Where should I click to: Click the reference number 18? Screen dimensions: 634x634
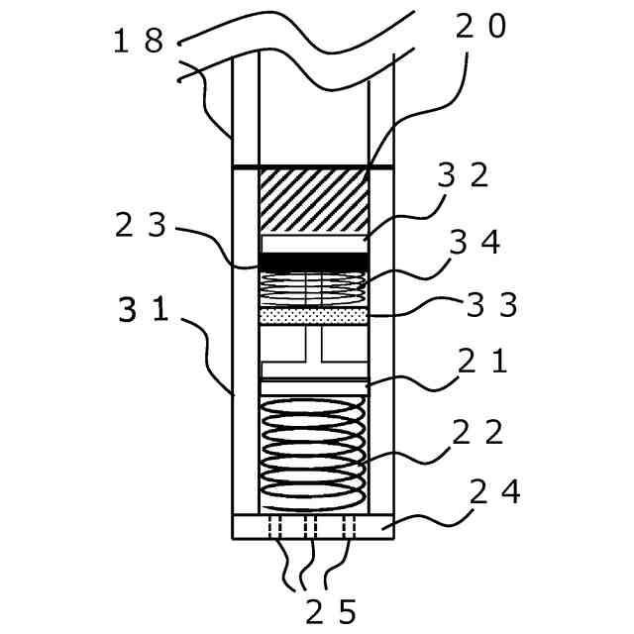(x=139, y=41)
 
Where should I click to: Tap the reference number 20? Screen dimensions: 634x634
(x=480, y=27)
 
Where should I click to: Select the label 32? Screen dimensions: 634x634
(x=463, y=175)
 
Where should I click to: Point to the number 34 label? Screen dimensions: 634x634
(x=475, y=242)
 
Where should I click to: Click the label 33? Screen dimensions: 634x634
(x=491, y=305)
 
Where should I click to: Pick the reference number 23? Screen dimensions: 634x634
(x=141, y=225)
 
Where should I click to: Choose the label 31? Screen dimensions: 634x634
(x=144, y=309)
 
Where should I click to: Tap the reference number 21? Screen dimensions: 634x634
(x=482, y=361)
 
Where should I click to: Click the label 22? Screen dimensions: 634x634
(x=477, y=432)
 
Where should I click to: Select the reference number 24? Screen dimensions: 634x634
(x=495, y=492)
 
